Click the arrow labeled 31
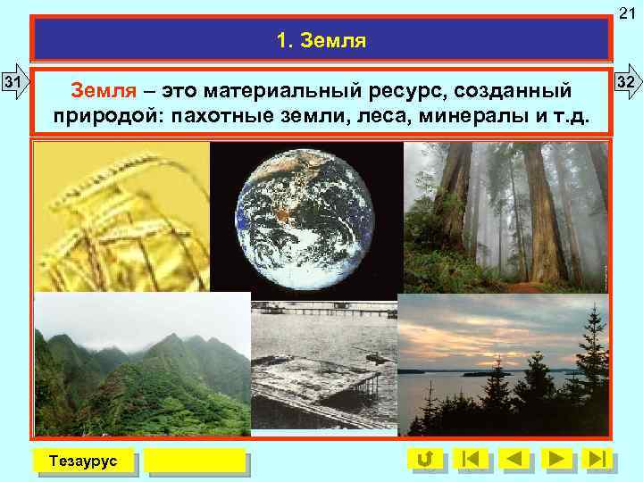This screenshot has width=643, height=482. pyautogui.click(x=15, y=85)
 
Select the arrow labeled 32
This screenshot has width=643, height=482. pyautogui.click(x=627, y=83)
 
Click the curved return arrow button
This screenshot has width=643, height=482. pyautogui.click(x=426, y=459)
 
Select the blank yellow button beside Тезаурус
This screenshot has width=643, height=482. pyautogui.click(x=195, y=460)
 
